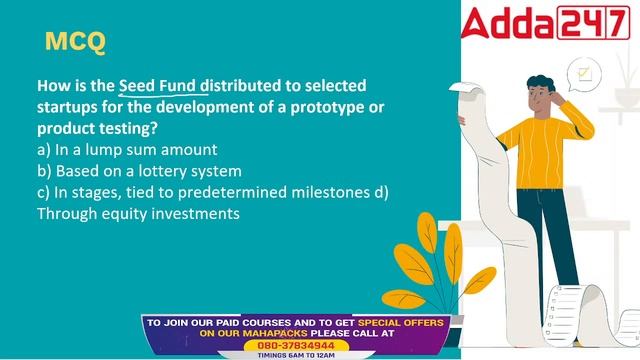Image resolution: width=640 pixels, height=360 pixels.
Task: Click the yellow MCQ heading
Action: click(75, 42)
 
